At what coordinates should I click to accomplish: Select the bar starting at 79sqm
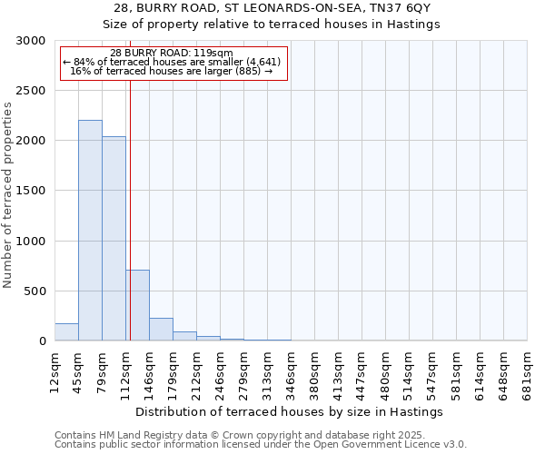pyautogui.click(x=114, y=239)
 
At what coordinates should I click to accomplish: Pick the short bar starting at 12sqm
pyautogui.click(x=66, y=332)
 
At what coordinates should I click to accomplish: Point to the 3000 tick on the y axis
pyautogui.click(x=31, y=41)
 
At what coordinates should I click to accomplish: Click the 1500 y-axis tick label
pyautogui.click(x=31, y=191)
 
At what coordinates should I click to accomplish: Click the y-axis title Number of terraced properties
pyautogui.click(x=8, y=195)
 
